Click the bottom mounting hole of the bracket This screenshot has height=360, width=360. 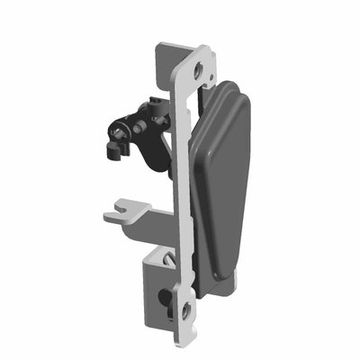click(186, 311)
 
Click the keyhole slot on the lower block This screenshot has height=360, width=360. click(167, 297)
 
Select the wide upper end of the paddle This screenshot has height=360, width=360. click(230, 99)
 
